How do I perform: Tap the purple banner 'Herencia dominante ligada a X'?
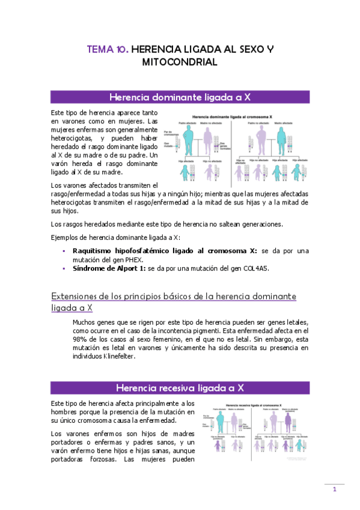[x=180, y=97]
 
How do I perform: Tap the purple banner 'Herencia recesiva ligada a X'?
[x=180, y=387]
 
